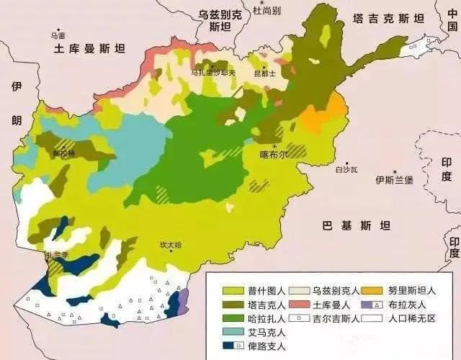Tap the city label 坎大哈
[171, 245]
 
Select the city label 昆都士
[265, 73]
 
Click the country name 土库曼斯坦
[89, 48]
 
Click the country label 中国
[451, 17]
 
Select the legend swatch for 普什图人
[232, 291]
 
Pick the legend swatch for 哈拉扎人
[232, 318]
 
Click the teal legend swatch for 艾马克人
[232, 332]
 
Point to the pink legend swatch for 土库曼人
[301, 305]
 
